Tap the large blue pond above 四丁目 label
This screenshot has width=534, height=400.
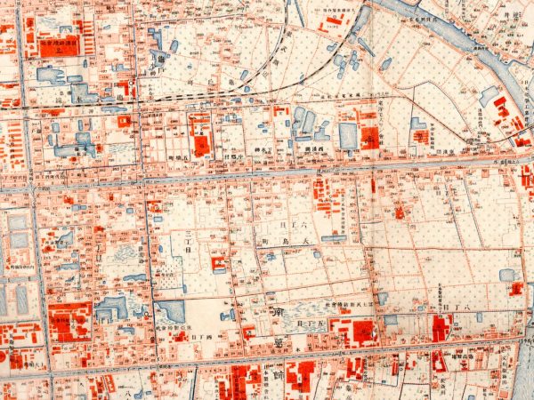[x=170, y=312]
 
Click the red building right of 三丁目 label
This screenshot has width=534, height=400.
[x=218, y=263]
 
